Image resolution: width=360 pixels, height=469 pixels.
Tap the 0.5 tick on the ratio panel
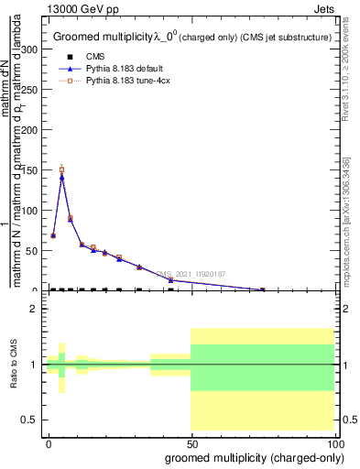pos(33,420)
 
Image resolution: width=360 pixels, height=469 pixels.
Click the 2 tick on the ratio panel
pos(37,310)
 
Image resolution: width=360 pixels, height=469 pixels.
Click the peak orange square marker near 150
pos(61,169)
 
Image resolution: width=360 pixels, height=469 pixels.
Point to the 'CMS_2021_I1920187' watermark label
pos(190,273)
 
